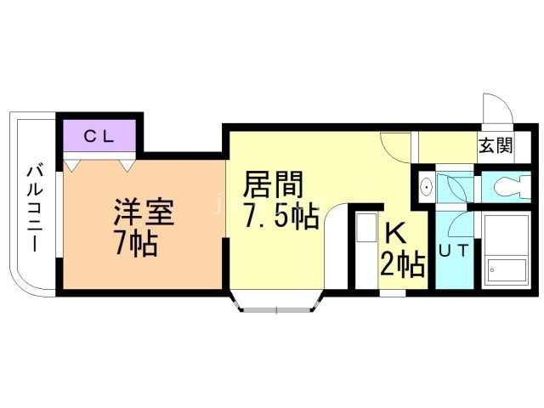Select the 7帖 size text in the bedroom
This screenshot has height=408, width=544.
coord(135,244)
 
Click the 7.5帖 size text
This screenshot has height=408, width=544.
coord(280,218)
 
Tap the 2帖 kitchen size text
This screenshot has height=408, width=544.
coord(402,265)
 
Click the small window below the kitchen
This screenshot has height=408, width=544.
coord(393,294)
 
